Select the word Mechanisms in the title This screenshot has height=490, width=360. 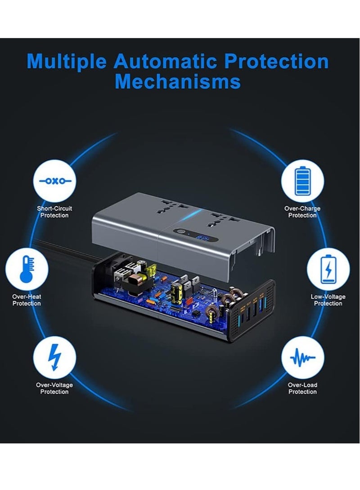point(177,82)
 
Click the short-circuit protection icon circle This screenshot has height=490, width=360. point(54,182)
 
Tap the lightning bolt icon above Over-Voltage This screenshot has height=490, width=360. point(54,358)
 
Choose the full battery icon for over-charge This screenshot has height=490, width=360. point(302,182)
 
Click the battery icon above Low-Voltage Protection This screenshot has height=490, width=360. point(328,269)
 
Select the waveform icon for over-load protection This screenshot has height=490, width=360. point(302,358)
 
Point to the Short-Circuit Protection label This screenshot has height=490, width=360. point(54,212)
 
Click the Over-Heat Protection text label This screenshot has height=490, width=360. point(27,300)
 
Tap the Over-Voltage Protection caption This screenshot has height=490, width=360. point(54,388)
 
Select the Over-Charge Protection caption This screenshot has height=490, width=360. point(302,212)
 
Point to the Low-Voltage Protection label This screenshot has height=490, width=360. point(328,300)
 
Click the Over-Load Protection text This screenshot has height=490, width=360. point(302,388)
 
